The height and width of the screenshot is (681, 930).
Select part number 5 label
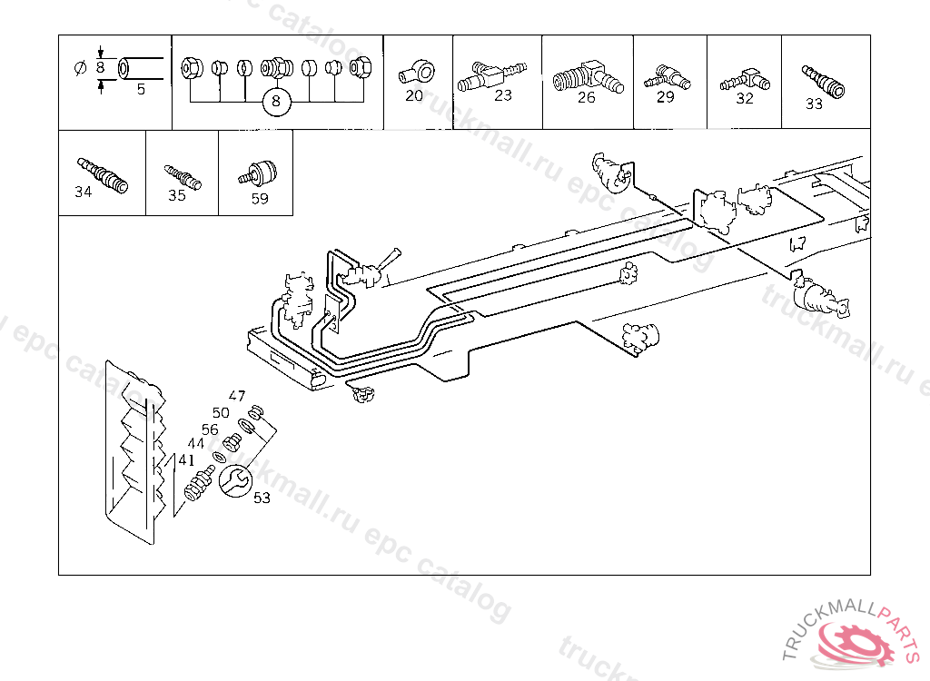(141, 89)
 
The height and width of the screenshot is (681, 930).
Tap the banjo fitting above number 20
(420, 68)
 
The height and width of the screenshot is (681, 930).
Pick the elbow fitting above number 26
(587, 73)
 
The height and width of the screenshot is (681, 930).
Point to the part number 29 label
(666, 97)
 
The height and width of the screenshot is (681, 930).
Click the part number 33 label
(814, 104)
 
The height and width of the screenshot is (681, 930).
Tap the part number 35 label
(177, 195)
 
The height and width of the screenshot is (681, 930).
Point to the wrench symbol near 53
(235, 480)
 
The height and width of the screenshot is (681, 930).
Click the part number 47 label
(237, 395)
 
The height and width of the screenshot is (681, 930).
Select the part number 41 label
(186, 459)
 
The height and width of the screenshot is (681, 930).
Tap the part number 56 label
(210, 429)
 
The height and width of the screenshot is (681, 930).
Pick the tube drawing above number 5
(139, 67)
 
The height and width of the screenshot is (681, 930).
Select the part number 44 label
(196, 444)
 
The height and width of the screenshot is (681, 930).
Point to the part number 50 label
(221, 412)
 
